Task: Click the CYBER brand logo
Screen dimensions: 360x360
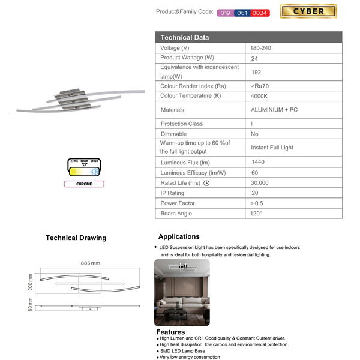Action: [x=308, y=11]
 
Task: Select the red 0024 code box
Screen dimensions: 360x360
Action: [x=260, y=13]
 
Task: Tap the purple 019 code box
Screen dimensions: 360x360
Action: [x=225, y=13]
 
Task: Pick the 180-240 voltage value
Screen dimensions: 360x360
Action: [x=261, y=47]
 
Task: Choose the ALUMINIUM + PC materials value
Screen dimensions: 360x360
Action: [x=274, y=110]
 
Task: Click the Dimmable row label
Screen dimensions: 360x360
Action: [x=174, y=134]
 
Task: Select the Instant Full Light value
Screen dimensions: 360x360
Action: [x=272, y=148]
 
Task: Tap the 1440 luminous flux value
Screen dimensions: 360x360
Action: [x=259, y=163]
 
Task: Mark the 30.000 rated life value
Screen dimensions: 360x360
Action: [x=260, y=182]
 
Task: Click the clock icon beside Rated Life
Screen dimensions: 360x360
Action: [x=206, y=182]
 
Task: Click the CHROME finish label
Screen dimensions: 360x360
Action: [x=84, y=184]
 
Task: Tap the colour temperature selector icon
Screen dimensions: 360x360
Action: [x=84, y=167]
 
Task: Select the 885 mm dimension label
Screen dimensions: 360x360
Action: [x=91, y=263]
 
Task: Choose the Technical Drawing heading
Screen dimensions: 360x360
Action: [x=76, y=238]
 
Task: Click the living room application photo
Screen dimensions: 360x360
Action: [x=182, y=292]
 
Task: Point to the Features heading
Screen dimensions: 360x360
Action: [x=171, y=332]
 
